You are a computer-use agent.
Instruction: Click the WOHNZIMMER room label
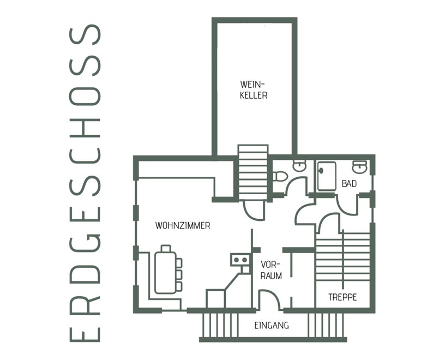[x=183, y=225]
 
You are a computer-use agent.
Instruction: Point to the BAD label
[x=349, y=183]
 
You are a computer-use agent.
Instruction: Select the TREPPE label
[x=342, y=297]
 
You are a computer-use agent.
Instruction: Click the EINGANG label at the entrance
[x=272, y=326]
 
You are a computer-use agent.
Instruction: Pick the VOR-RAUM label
[x=271, y=270]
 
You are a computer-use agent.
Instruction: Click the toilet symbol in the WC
[x=280, y=176]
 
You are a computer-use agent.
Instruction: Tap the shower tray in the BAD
[x=327, y=176]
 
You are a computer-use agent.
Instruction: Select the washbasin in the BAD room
[x=359, y=166]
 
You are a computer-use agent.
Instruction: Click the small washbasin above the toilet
[x=299, y=166]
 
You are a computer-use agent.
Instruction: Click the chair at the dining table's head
[x=166, y=248]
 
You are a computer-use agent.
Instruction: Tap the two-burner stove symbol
[x=240, y=260]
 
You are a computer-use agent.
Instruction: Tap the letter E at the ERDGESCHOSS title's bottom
[x=85, y=334]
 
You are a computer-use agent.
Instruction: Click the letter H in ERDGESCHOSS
[x=85, y=128]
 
